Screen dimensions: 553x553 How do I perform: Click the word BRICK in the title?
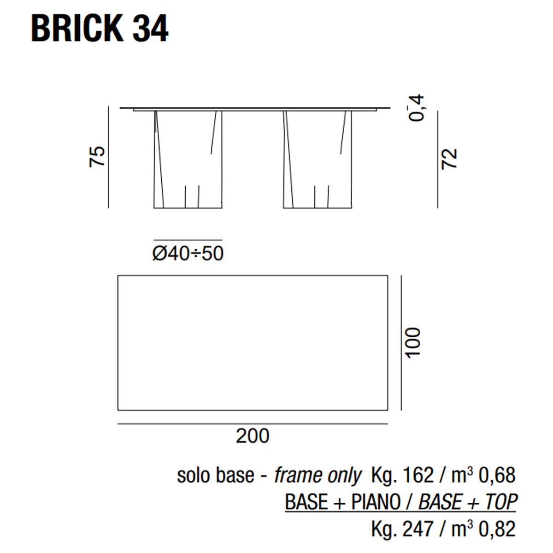coord(77,29)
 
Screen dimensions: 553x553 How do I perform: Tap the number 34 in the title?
coord(150,29)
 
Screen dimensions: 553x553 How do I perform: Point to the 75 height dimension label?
coord(97,156)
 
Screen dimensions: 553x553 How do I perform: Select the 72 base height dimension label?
coord(449,159)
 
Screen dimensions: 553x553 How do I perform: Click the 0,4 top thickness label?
coord(416,108)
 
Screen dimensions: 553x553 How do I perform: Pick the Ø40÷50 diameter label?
coord(188,253)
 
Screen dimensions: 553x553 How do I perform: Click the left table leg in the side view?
coord(188,159)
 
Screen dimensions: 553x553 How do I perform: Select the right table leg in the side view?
coord(318,159)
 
